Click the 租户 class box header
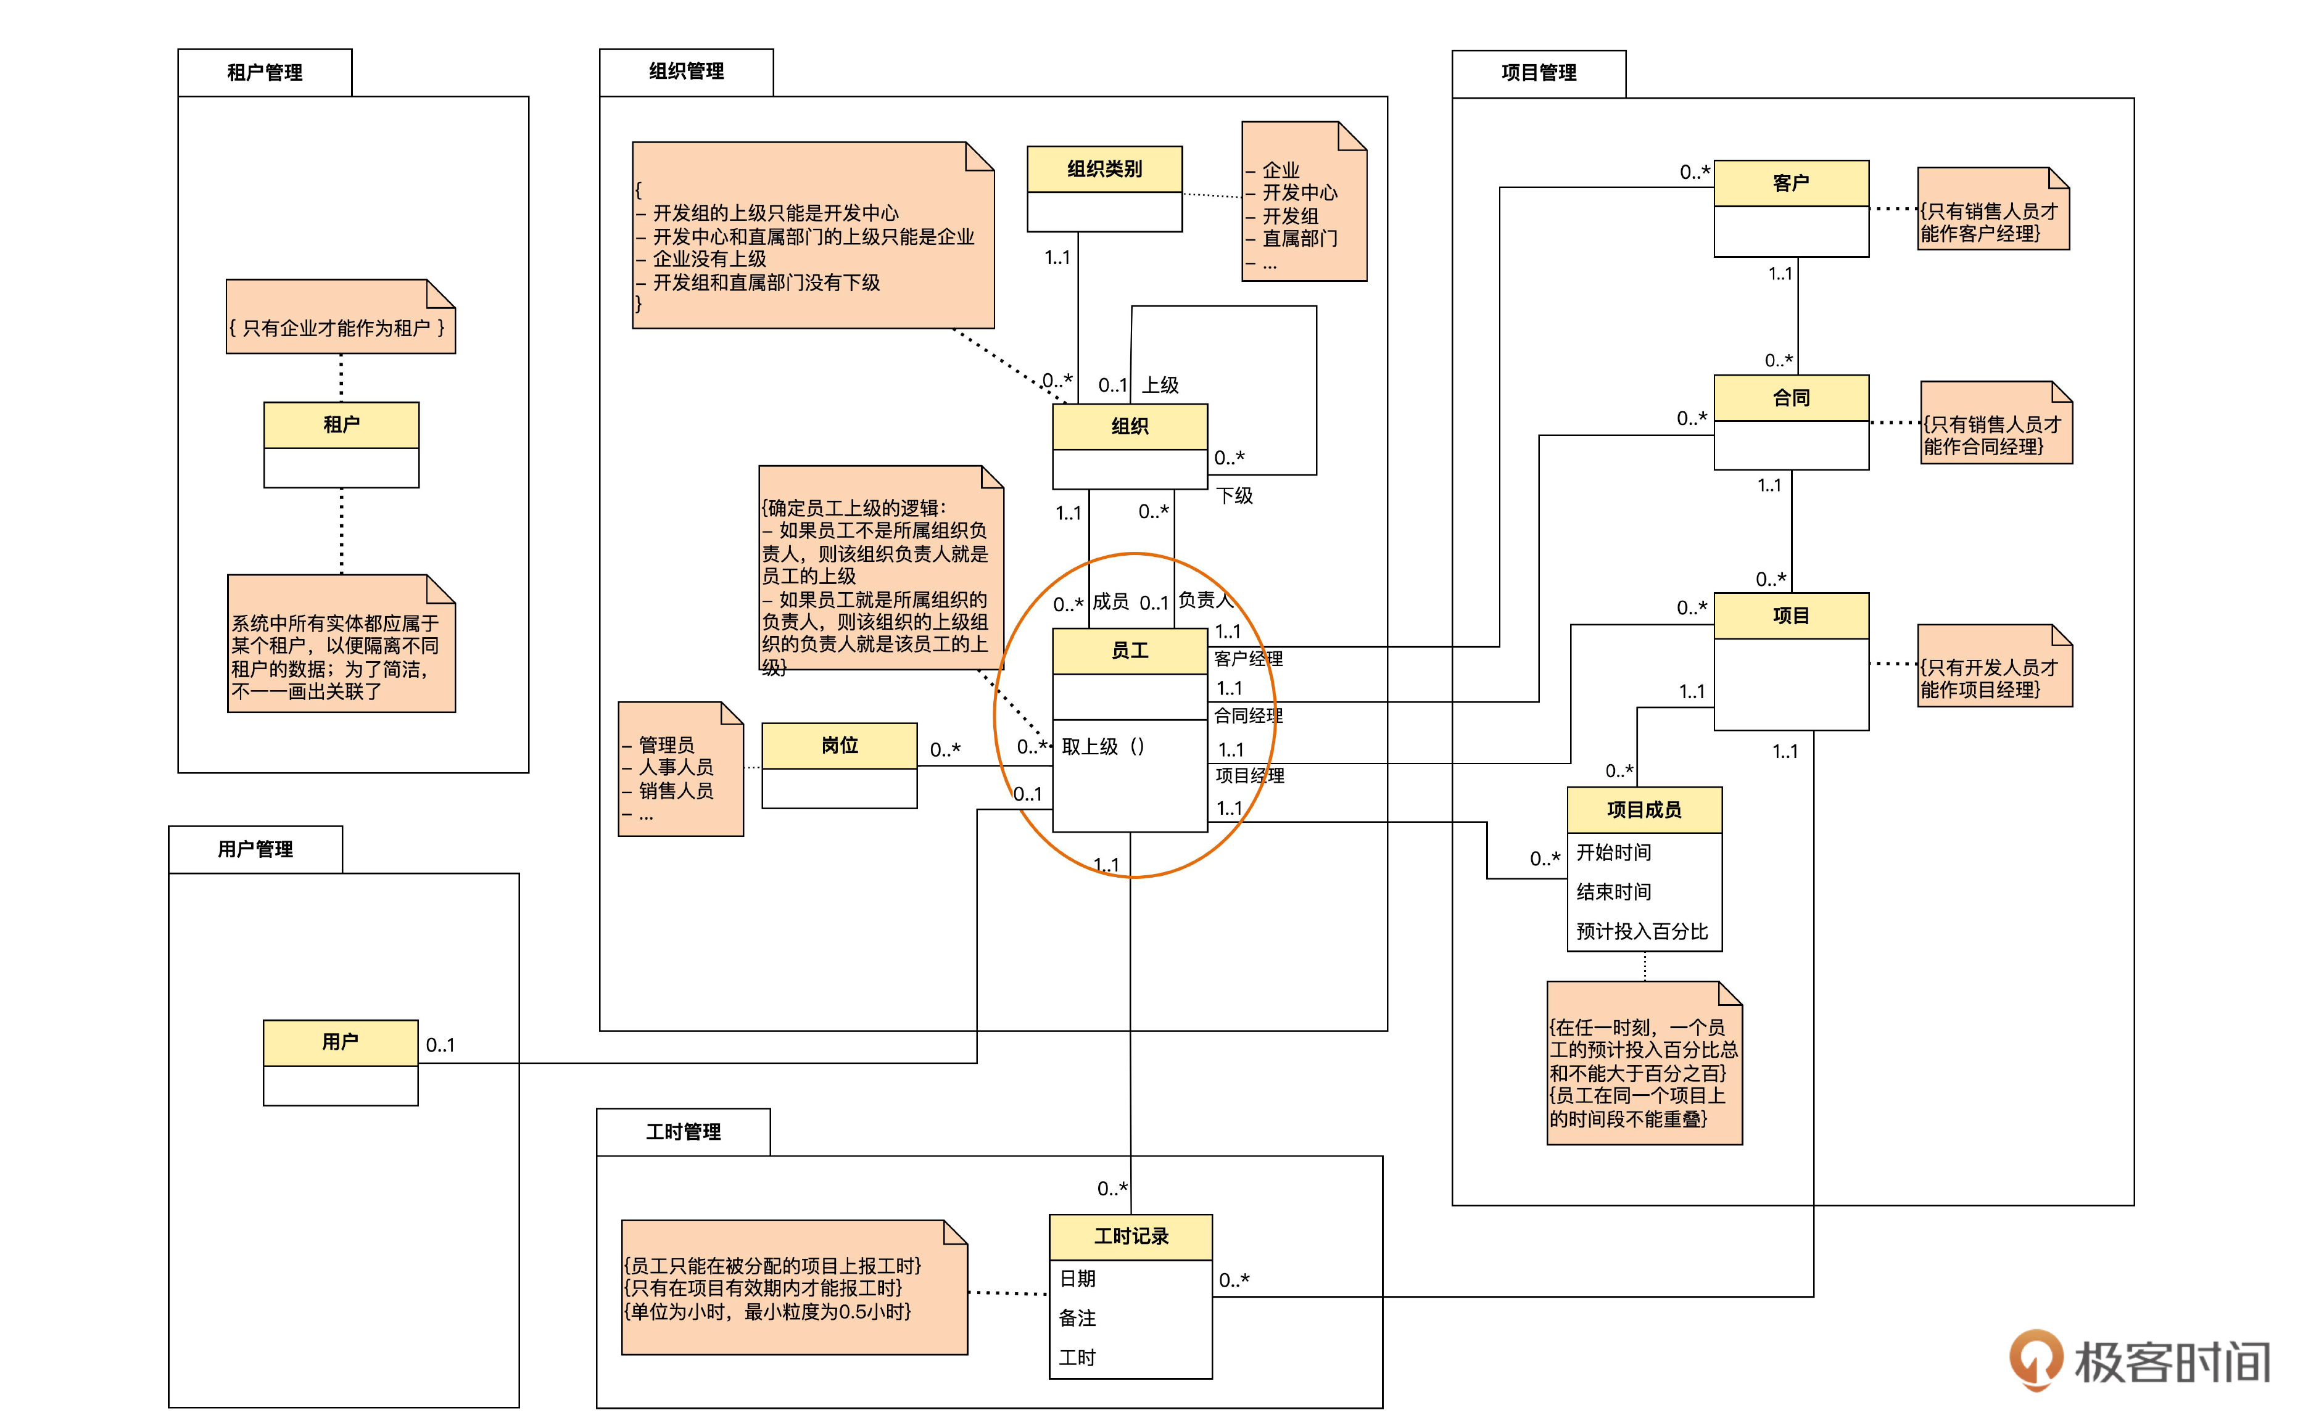tap(341, 424)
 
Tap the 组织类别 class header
tap(1104, 169)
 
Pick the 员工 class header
tap(1129, 650)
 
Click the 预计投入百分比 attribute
tap(1642, 932)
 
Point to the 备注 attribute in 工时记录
tap(1077, 1317)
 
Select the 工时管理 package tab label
tap(683, 1132)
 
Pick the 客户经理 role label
tap(1247, 658)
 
